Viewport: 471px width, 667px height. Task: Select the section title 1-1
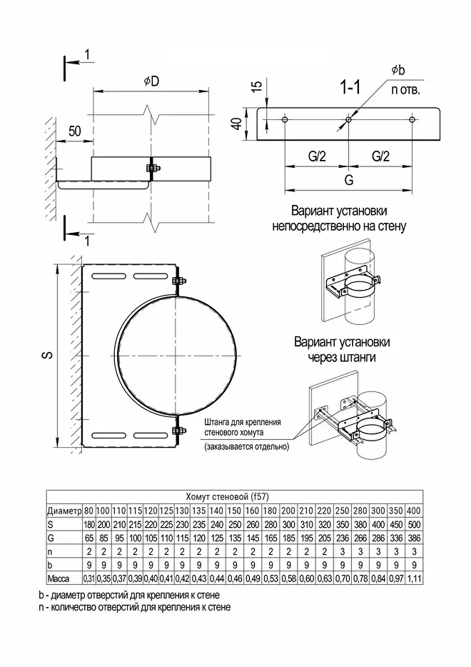click(x=350, y=89)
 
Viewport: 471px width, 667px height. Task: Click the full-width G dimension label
click(x=348, y=181)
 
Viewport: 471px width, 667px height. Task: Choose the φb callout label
click(x=398, y=70)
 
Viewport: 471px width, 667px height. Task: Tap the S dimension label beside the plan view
click(x=44, y=354)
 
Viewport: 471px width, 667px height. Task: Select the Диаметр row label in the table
click(x=64, y=511)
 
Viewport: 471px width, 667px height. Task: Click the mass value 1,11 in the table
click(x=415, y=577)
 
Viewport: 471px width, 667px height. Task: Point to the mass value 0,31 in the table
click(x=89, y=577)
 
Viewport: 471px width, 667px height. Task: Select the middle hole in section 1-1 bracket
click(x=348, y=120)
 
